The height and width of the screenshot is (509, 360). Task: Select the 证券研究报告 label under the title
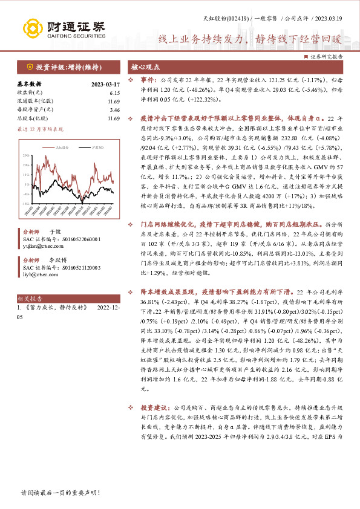click(327, 56)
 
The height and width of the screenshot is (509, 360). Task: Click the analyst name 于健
click(54, 232)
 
